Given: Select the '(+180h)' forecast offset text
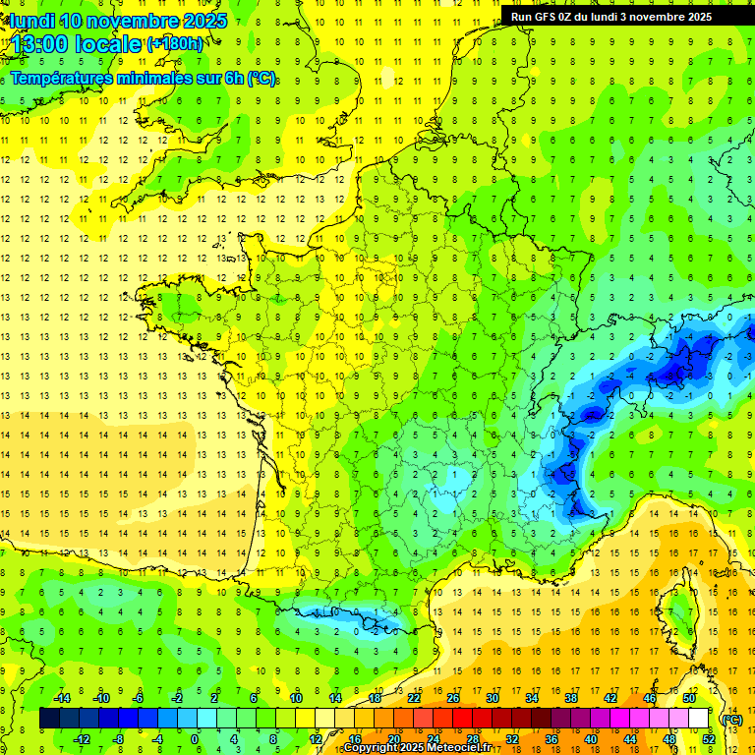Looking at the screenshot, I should click(175, 44).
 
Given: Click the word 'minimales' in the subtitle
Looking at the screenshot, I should click(161, 79).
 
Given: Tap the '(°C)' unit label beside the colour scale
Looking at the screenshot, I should click(732, 720).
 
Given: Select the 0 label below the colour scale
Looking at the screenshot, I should click(195, 739).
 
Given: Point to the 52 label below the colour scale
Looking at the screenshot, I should click(709, 739).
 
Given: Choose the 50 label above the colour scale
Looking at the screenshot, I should click(689, 698).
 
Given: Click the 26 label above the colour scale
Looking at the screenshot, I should click(453, 698).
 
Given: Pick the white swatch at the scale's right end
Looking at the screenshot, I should click(699, 719).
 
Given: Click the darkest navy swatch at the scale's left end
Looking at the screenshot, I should click(49, 719).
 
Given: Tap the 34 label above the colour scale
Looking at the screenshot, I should click(532, 698).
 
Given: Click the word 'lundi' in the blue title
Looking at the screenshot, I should click(32, 21).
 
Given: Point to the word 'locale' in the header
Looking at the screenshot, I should click(107, 44).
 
